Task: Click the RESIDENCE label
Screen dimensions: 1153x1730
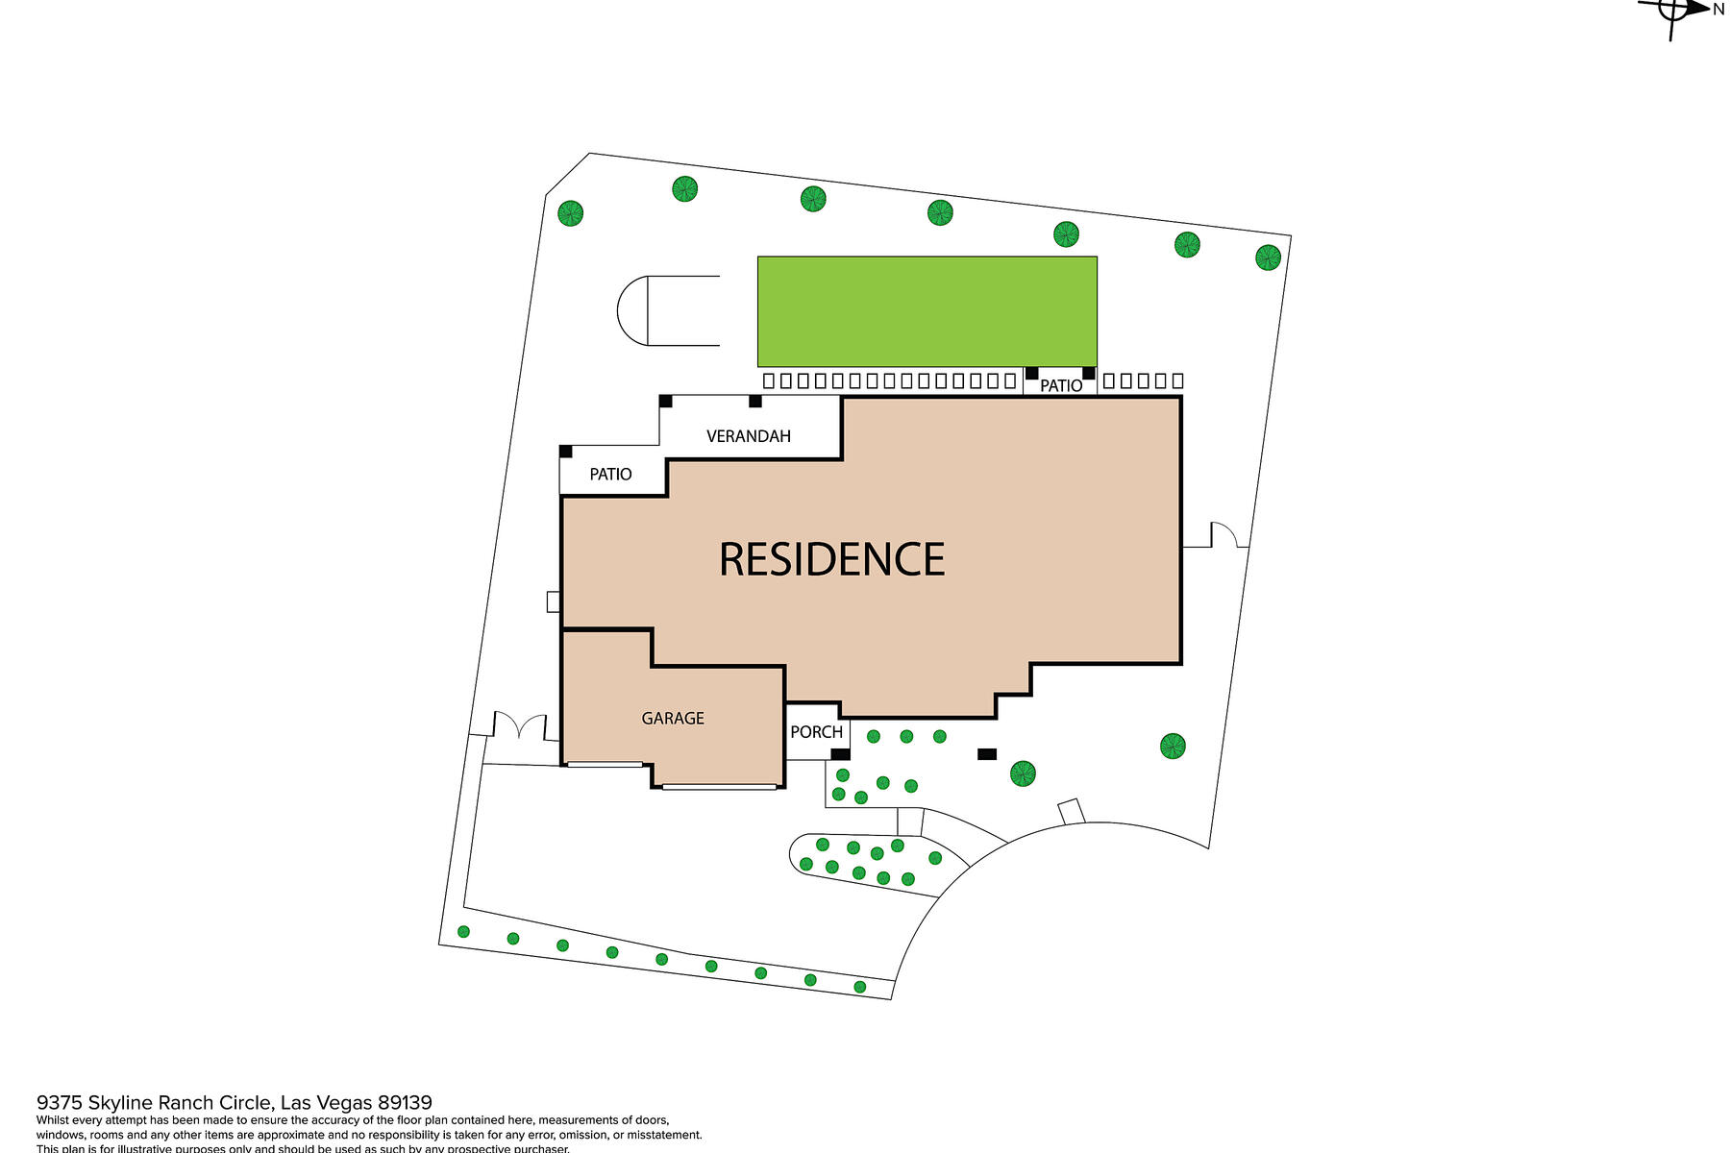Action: pos(832,559)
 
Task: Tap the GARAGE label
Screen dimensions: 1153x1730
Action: pos(673,719)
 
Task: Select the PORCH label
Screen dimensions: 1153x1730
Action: pos(816,732)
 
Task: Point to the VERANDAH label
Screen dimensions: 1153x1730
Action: pos(748,436)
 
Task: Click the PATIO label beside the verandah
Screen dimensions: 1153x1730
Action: pos(610,475)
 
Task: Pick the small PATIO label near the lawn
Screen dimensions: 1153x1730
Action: pos(1061,386)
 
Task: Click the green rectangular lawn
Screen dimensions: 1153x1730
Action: pos(927,311)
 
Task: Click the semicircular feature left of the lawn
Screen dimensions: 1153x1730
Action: pos(634,310)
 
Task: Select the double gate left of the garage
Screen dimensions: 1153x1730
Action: pos(520,726)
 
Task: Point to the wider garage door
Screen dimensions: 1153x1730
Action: pos(719,787)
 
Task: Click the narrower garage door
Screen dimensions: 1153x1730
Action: pos(605,765)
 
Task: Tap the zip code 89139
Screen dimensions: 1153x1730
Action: pos(405,1103)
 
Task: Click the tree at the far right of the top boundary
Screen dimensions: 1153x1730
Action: pos(1268,258)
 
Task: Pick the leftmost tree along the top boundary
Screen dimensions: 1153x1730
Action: pos(570,212)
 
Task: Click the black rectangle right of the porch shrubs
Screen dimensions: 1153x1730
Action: pos(987,754)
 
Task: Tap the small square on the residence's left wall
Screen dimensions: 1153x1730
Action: pos(553,601)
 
